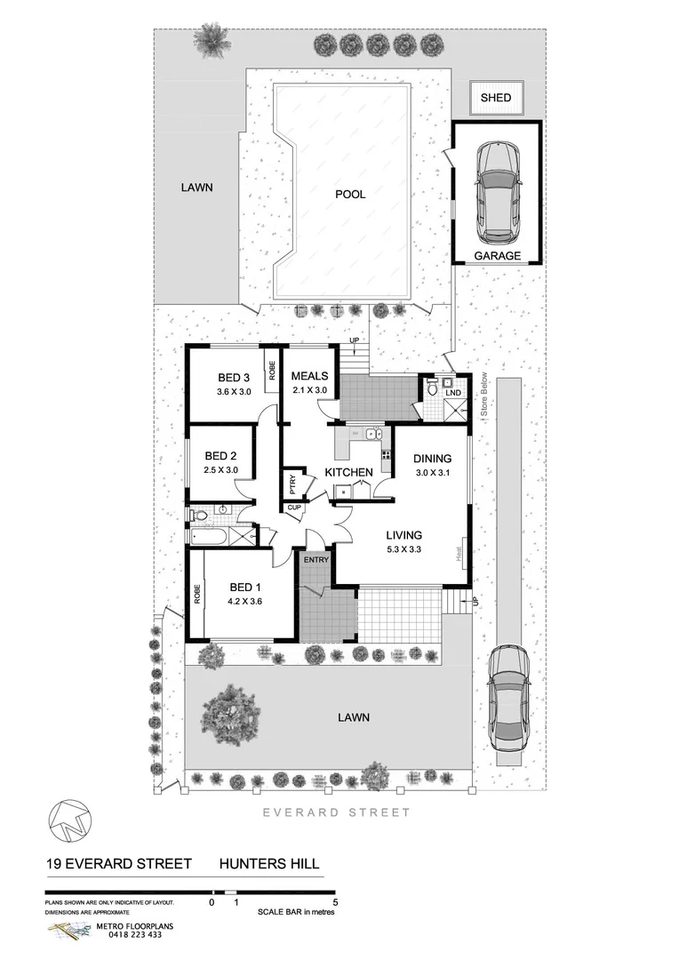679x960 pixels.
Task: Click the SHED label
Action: tap(496, 97)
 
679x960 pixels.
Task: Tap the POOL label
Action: tap(350, 194)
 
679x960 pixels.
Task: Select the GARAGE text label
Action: tap(497, 256)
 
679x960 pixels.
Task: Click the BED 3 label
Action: tap(234, 377)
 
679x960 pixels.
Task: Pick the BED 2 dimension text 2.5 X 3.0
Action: tap(221, 470)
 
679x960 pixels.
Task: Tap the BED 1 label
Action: tap(245, 587)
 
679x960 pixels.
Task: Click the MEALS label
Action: tap(310, 376)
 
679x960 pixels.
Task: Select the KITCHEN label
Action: tap(347, 471)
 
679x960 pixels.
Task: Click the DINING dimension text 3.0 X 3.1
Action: tap(434, 473)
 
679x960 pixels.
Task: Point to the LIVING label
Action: tap(403, 535)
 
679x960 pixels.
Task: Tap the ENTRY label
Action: tap(316, 560)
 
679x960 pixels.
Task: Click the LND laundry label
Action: tap(453, 392)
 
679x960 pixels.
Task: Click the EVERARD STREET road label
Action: tap(336, 812)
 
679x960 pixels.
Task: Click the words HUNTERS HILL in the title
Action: tap(269, 863)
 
